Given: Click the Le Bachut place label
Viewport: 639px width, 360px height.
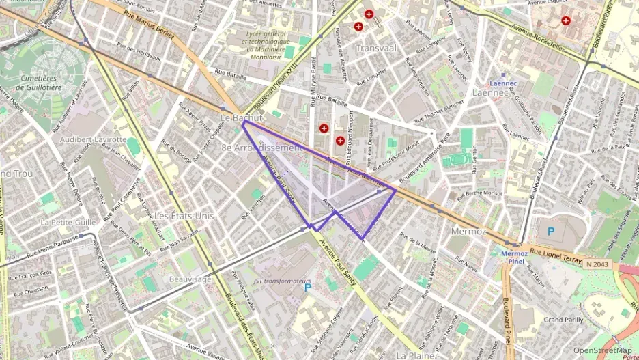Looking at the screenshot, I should (241, 117).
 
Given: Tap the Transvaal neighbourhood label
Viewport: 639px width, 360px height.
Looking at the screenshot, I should (376, 48).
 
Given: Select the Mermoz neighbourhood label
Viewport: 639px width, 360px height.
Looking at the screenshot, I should (468, 232).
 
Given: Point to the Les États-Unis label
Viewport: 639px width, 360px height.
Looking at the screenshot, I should (184, 215).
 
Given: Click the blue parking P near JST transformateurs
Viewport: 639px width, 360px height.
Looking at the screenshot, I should (307, 288).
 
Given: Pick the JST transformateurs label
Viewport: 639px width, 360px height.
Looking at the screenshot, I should (282, 281).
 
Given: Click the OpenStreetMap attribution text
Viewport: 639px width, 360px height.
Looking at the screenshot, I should (602, 350).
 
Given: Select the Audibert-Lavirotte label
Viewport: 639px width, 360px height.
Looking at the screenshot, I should (94, 139).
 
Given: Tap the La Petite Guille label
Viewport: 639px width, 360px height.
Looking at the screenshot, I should (68, 222).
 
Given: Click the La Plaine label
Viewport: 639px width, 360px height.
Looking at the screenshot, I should (416, 355).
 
